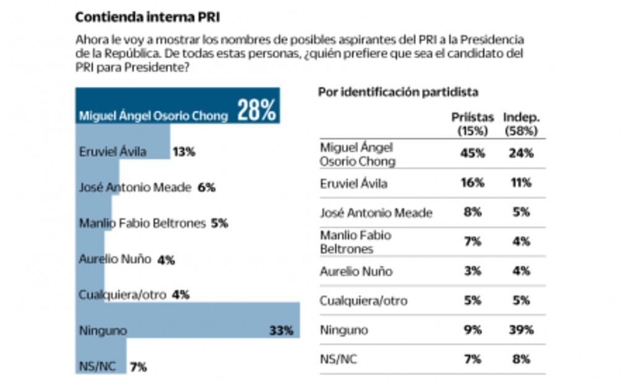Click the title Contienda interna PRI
tap(147, 17)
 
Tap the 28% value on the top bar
tap(256, 111)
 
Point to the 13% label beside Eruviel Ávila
tap(184, 151)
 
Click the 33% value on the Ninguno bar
tap(281, 330)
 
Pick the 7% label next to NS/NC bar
tap(138, 367)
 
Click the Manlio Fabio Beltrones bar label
tap(142, 223)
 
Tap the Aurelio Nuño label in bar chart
tap(115, 259)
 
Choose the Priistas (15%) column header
tap(473, 124)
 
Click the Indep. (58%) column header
tap(521, 124)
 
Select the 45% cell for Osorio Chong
tap(473, 154)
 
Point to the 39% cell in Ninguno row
tap(521, 330)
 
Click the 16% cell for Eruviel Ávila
tap(473, 183)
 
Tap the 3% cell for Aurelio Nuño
tap(473, 271)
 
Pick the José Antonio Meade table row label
tap(376, 213)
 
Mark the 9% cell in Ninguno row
tap(473, 330)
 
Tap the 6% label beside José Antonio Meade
tap(206, 187)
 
